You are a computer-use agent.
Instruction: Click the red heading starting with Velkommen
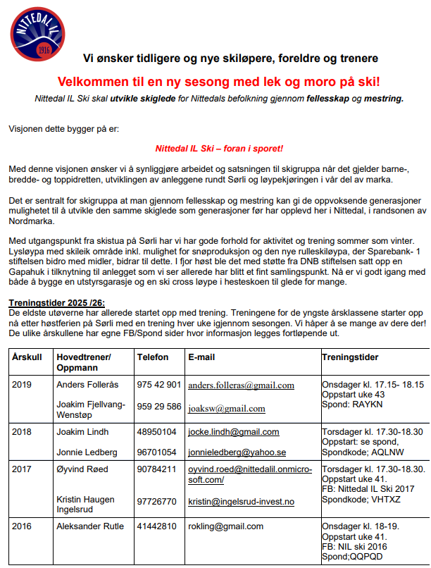coord(219,82)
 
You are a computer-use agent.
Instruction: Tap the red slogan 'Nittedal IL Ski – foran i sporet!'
coord(219,149)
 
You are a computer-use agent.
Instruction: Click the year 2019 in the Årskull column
coord(23,385)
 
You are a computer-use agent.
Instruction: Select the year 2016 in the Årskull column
coord(23,526)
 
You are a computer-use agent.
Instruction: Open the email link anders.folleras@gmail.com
coord(242,385)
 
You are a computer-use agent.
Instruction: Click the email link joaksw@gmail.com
coord(227,408)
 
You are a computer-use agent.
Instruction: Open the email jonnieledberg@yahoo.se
coord(237,452)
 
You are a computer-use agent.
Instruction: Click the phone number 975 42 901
coord(159,385)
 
